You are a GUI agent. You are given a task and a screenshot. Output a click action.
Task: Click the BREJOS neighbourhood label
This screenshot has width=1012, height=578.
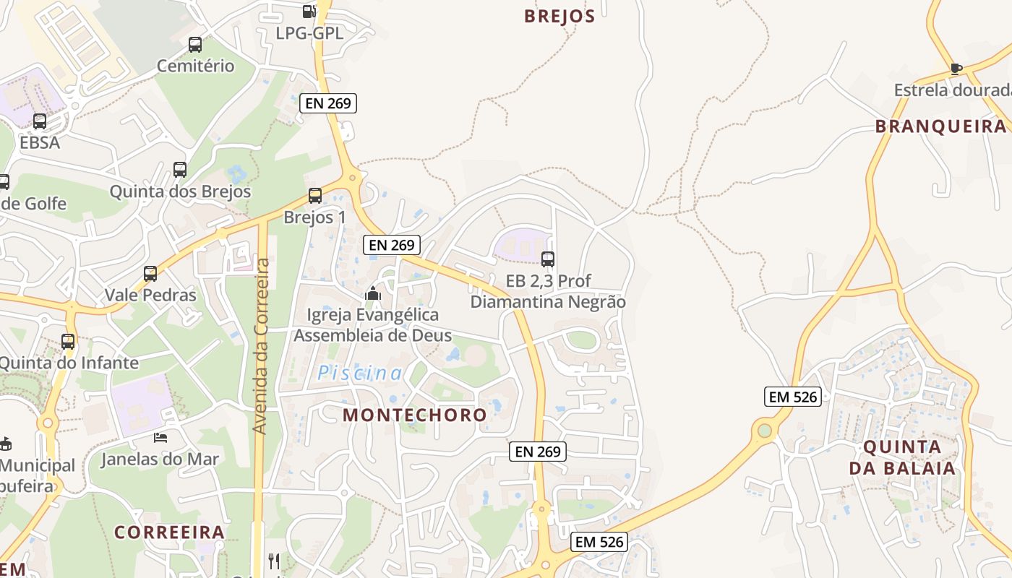point(559,16)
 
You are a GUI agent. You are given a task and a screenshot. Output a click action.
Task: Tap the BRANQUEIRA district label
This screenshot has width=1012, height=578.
point(940,126)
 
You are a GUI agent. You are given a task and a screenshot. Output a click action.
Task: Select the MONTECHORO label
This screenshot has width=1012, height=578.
point(415,415)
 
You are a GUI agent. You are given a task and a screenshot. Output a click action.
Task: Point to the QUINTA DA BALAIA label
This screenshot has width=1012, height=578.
point(902,457)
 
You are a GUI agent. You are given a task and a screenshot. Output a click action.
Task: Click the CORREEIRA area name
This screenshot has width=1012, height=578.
point(170,532)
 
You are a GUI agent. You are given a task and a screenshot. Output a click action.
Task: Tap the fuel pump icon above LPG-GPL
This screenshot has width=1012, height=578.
point(309,11)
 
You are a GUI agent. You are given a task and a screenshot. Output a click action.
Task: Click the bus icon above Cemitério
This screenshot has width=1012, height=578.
point(195,45)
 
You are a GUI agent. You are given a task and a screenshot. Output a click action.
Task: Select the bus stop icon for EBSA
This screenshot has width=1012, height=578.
point(40,121)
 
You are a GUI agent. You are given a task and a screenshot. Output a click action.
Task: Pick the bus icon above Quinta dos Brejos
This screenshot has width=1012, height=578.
point(180,170)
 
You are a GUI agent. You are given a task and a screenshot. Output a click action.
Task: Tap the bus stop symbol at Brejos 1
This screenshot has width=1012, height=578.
point(315,195)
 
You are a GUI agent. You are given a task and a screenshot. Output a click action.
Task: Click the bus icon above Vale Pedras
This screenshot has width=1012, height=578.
point(150,274)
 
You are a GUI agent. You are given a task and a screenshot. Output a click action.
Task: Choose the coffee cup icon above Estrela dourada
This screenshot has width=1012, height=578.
point(956,69)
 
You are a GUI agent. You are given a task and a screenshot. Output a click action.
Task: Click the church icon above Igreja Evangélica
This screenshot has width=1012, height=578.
point(373,293)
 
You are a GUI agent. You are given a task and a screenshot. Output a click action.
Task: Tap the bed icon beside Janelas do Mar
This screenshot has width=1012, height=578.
point(160,437)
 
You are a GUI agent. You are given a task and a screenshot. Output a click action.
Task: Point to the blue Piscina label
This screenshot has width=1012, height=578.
point(360,374)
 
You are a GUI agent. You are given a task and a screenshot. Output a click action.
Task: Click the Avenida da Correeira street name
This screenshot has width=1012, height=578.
point(261,347)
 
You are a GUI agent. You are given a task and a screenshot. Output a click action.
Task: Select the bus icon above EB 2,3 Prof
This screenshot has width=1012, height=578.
point(548,259)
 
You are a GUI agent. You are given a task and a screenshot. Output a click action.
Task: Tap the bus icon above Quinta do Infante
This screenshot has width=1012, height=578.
point(68,342)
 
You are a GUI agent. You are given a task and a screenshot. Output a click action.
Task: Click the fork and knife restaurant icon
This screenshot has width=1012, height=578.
point(274,561)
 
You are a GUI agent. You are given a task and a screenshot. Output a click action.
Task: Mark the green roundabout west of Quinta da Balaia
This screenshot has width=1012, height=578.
point(764,431)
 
